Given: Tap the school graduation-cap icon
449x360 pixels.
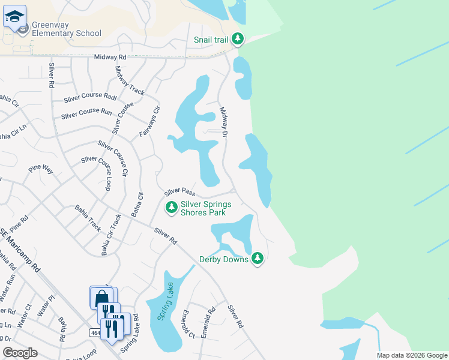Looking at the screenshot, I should (x=14, y=17).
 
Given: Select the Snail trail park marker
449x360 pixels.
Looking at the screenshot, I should (x=238, y=40).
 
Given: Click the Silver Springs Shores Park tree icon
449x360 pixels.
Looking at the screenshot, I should (x=172, y=208).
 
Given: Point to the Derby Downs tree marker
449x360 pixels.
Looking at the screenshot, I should (x=258, y=259).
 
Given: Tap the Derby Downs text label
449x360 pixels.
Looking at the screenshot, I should (x=223, y=259).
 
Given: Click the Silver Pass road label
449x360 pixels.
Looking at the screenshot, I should (x=180, y=192).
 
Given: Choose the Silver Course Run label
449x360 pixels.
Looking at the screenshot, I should (x=86, y=112).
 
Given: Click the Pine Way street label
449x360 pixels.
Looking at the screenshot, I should (x=41, y=170).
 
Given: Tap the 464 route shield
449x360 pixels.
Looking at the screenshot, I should (x=95, y=332).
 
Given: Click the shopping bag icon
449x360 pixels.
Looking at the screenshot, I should (x=101, y=298).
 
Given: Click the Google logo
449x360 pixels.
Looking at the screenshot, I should (x=20, y=353).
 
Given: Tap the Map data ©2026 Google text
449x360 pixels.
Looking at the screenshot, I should (x=412, y=355).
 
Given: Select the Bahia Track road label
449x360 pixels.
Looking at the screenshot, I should (x=88, y=218).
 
